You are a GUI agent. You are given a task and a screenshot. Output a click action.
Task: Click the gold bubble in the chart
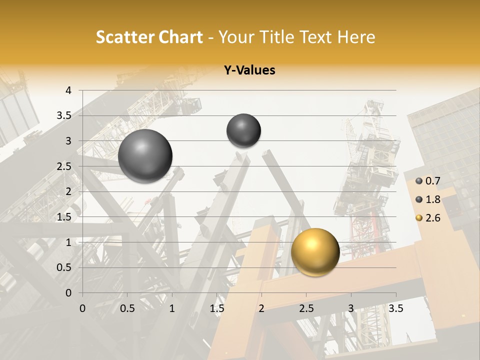pos(315,252)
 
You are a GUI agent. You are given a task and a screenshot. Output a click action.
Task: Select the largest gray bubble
pos(145,156)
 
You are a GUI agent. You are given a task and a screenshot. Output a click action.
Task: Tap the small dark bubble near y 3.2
pos(243,130)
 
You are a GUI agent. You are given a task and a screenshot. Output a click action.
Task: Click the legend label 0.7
pos(432,181)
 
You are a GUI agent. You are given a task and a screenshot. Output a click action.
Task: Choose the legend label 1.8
pos(432,199)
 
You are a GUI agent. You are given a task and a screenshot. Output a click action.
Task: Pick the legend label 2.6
pos(432,218)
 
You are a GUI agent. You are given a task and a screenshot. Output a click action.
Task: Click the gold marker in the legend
pos(419,218)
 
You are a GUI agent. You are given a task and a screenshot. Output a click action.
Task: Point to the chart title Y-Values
pos(249,70)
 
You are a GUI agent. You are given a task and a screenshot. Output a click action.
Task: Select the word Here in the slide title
pos(356,37)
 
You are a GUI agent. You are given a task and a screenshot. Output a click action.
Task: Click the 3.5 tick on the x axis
pos(396,308)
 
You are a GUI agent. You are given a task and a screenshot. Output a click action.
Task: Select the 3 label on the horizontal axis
pos(351,308)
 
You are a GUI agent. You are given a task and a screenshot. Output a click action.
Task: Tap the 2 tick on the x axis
pos(261,308)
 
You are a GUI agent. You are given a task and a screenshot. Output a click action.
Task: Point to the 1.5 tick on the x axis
pos(217,308)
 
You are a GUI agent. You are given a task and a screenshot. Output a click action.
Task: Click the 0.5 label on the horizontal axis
pos(127,308)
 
